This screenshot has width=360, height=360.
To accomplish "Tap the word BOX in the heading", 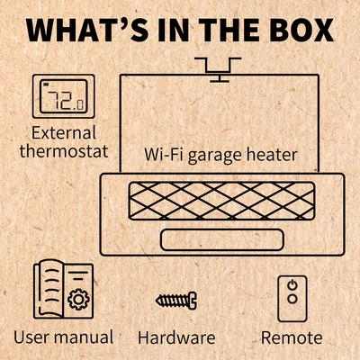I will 299,29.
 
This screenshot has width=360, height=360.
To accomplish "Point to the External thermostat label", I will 62,141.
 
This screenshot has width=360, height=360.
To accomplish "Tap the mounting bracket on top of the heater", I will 219,67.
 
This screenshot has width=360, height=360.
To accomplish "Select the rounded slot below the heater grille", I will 221,239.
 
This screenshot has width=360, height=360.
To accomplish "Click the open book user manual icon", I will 62,290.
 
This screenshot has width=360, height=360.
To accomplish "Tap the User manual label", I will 63,338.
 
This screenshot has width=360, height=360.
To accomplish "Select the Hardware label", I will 177,338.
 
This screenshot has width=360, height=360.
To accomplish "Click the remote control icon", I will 291,297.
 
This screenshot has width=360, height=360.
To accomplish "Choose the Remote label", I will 291,338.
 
